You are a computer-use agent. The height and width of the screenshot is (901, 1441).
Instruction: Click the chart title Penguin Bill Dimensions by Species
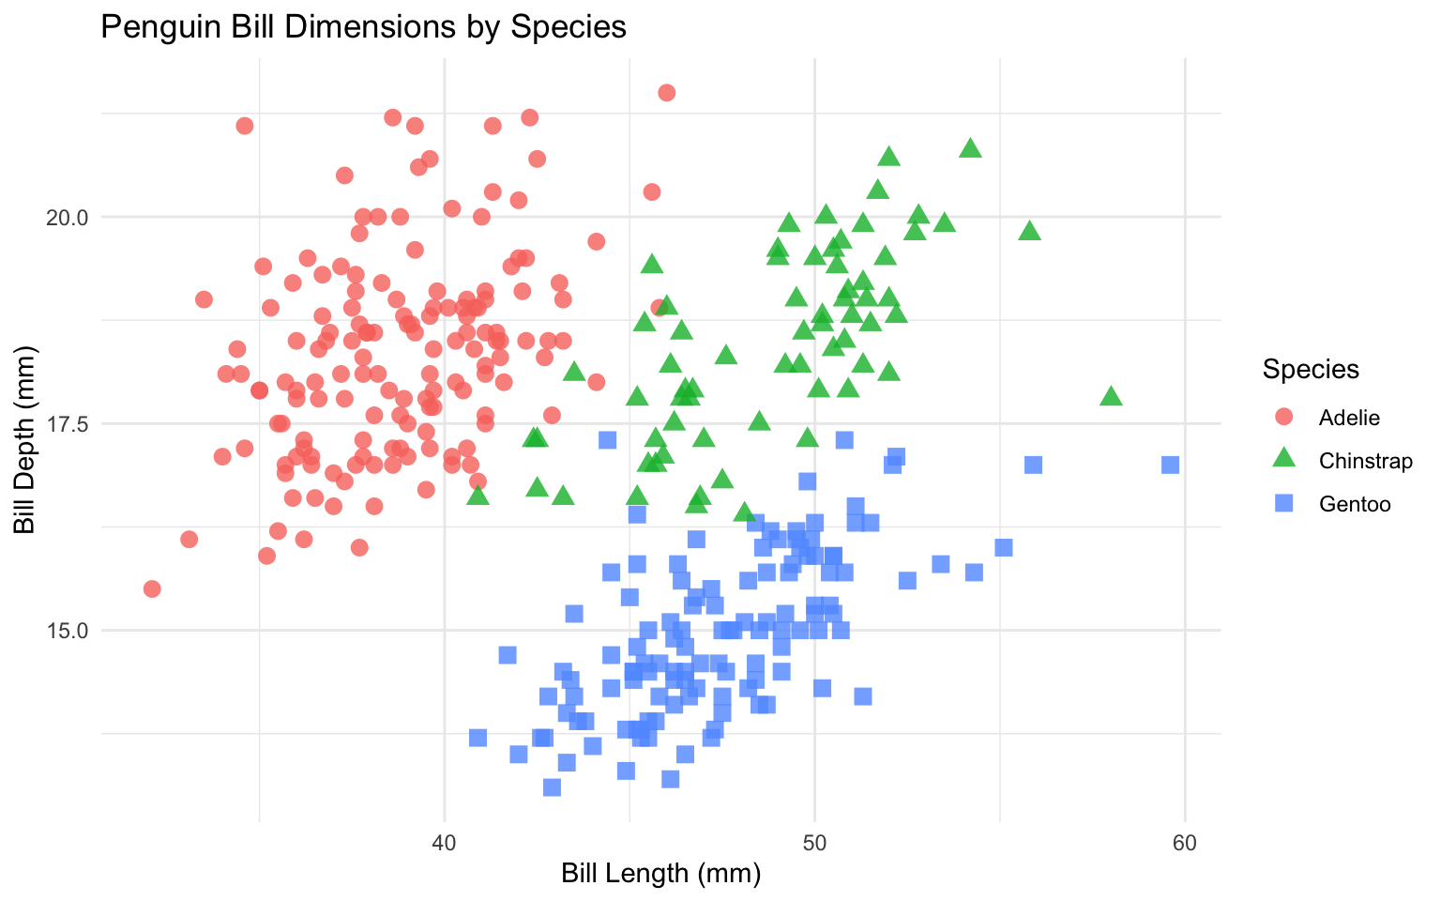pyautogui.click(x=363, y=26)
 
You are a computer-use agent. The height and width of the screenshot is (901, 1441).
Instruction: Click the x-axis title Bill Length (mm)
pyautogui.click(x=660, y=874)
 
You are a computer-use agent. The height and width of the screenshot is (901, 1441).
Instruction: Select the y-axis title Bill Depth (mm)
pyautogui.click(x=25, y=440)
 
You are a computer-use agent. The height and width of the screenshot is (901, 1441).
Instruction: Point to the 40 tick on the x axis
pyautogui.click(x=444, y=843)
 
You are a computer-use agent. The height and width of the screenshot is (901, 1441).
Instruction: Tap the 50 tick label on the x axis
pyautogui.click(x=814, y=843)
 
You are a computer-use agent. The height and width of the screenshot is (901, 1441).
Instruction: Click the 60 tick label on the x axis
pyautogui.click(x=1185, y=843)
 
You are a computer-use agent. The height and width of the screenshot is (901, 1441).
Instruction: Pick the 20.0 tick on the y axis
pyautogui.click(x=67, y=217)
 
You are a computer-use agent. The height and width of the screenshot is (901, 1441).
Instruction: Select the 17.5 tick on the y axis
pyautogui.click(x=67, y=423)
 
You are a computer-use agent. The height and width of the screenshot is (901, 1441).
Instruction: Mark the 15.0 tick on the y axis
pyautogui.click(x=67, y=631)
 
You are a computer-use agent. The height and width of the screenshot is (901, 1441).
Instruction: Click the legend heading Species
pyautogui.click(x=1311, y=370)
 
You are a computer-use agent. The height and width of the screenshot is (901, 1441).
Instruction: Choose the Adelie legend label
pyautogui.click(x=1349, y=418)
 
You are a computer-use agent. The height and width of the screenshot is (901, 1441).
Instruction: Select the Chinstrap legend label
pyautogui.click(x=1365, y=461)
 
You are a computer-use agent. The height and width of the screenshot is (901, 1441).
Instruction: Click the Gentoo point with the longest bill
pyautogui.click(x=1170, y=465)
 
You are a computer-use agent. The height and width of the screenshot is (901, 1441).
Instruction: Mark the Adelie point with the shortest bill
pyautogui.click(x=152, y=588)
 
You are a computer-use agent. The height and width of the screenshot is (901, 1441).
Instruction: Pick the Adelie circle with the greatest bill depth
pyautogui.click(x=666, y=92)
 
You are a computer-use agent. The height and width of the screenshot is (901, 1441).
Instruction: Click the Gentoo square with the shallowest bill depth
pyautogui.click(x=552, y=786)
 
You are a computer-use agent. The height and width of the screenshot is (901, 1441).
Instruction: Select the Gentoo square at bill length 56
pyautogui.click(x=1033, y=465)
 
